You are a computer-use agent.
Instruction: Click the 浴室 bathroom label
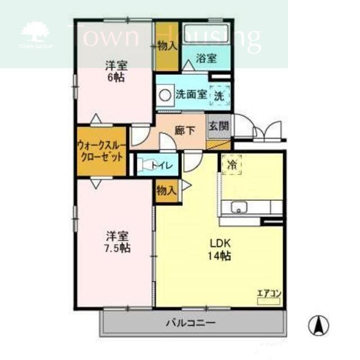pyautogui.click(x=205, y=57)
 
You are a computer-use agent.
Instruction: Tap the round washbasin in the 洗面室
pyautogui.click(x=165, y=95)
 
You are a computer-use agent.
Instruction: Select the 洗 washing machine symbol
pyautogui.click(x=219, y=96)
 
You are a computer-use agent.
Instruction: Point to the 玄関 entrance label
pyautogui.click(x=219, y=127)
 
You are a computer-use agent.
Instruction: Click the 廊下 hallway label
pyautogui.click(x=184, y=130)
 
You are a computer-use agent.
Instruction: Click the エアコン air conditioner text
pyautogui.click(x=268, y=292)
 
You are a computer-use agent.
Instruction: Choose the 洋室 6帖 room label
pyautogui.click(x=115, y=71)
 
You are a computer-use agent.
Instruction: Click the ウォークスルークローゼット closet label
pyautogui.click(x=101, y=151)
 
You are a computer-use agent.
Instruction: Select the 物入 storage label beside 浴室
pyautogui.click(x=167, y=46)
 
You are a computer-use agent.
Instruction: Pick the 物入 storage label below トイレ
pyautogui.click(x=166, y=190)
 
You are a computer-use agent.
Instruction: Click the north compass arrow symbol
pyautogui.click(x=318, y=325)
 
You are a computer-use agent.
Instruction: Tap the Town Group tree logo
pyautogui.click(x=35, y=33)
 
